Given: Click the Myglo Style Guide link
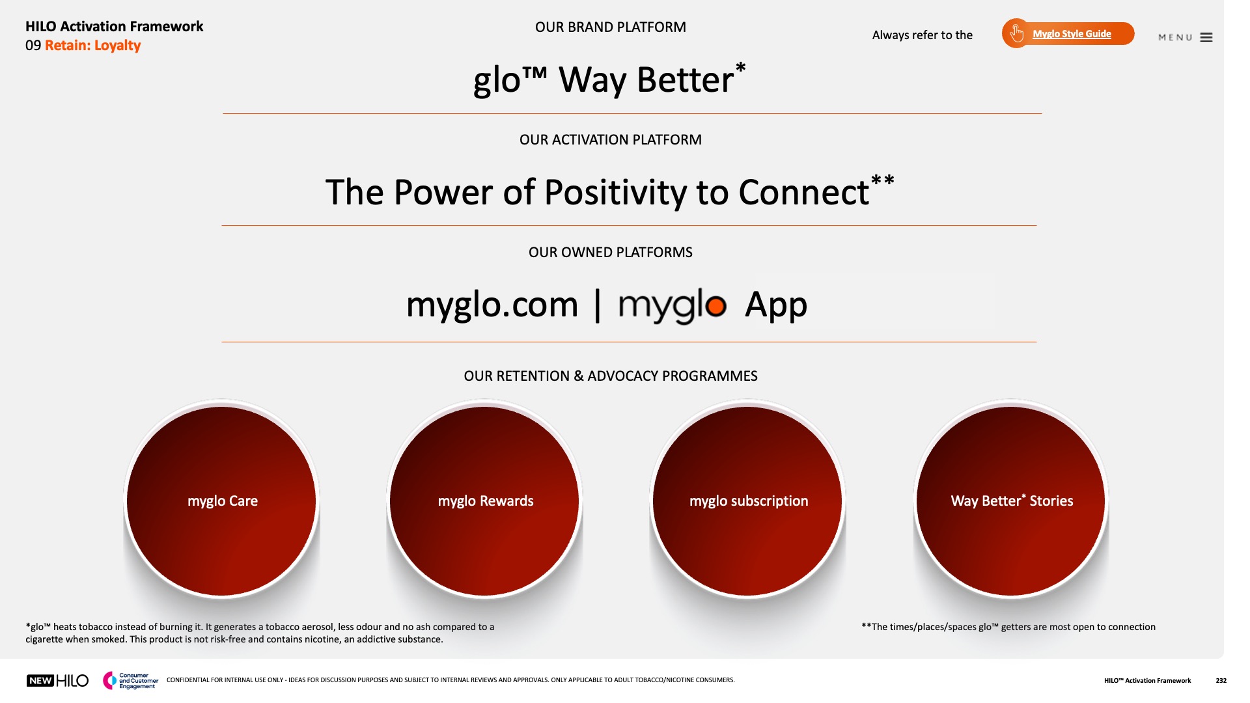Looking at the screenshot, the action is click(1072, 34).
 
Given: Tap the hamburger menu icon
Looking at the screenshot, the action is click(1206, 38).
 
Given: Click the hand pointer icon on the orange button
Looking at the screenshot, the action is click(1016, 33).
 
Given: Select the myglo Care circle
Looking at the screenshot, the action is click(221, 501).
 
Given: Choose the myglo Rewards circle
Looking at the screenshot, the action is click(484, 501).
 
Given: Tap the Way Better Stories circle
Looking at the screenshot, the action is click(1011, 501).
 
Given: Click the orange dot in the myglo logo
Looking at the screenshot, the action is click(715, 306).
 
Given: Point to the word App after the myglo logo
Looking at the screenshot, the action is click(776, 305).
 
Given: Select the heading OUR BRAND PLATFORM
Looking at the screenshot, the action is click(611, 27).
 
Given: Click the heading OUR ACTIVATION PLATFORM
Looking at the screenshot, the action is click(611, 140).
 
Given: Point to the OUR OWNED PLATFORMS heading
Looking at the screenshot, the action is click(611, 253).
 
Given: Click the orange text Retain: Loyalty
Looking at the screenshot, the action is click(93, 46).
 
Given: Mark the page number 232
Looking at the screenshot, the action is click(1221, 681).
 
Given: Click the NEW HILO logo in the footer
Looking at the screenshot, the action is click(57, 681).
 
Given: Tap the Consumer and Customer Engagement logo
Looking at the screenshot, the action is click(130, 681).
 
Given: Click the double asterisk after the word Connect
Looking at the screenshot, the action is click(883, 180).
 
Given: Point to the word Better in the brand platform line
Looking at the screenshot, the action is click(685, 81).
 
